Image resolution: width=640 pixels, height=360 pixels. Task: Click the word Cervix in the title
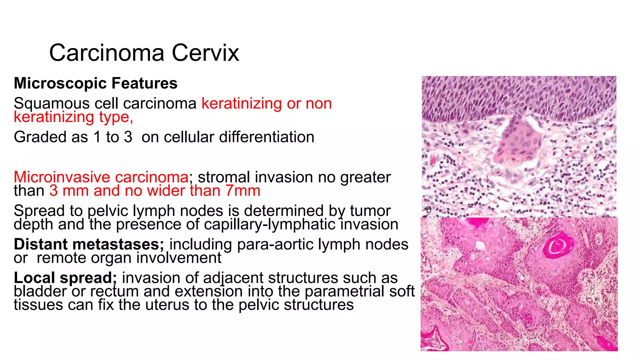click(x=205, y=53)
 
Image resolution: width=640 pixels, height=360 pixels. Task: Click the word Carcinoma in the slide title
click(x=107, y=53)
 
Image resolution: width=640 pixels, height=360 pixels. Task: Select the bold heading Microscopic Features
click(x=96, y=83)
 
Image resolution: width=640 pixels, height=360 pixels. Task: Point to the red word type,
click(x=116, y=117)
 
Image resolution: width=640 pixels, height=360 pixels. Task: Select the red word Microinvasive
click(x=62, y=177)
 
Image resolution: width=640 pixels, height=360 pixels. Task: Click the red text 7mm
click(x=243, y=191)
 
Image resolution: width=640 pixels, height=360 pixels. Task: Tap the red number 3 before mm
click(x=53, y=191)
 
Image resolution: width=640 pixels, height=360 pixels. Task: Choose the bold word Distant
click(x=40, y=244)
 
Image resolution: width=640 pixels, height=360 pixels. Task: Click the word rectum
click(x=114, y=291)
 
